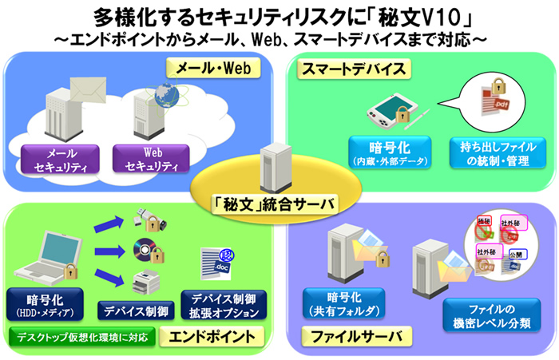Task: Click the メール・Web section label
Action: coord(208,69)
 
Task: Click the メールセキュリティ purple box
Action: coord(61,159)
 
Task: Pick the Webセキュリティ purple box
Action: coord(152,159)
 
